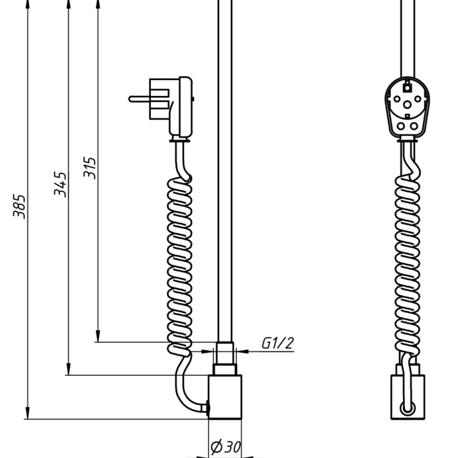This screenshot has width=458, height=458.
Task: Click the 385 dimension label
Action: coord(20,206)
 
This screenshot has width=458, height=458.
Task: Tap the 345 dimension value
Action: coord(60,184)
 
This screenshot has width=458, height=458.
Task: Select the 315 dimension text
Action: coord(89,168)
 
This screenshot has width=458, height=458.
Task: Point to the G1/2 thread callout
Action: coord(277,343)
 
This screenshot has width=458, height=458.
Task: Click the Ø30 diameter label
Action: coord(226,446)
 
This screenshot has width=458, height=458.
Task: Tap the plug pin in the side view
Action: coord(139,99)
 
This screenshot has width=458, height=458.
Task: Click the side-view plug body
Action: coord(171,107)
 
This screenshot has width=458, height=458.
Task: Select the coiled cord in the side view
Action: coord(180,266)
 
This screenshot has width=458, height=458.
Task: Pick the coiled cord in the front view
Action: coord(407,266)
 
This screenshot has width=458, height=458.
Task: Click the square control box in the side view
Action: coord(225,397)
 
